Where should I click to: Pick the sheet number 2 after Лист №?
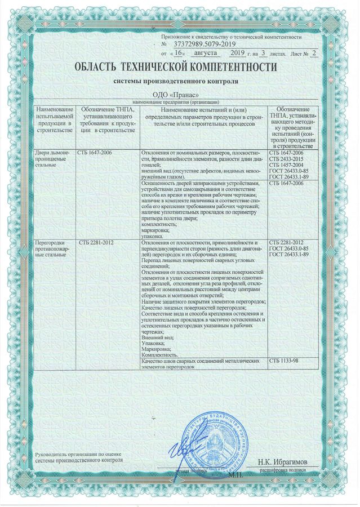pyautogui.click(x=314, y=52)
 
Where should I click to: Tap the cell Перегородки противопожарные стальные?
pyautogui.click(x=54, y=249)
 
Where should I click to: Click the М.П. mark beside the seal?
pyautogui.click(x=234, y=475)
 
